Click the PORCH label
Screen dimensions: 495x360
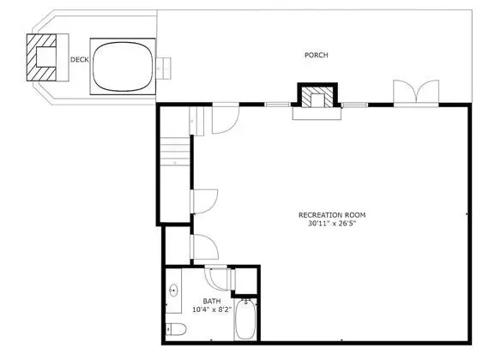(317, 55)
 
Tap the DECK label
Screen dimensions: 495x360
(79, 60)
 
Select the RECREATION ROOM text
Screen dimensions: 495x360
(332, 215)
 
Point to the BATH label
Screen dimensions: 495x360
(212, 302)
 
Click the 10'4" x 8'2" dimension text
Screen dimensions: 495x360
(212, 309)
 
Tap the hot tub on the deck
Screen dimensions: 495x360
(123, 67)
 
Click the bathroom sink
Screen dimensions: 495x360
(173, 291)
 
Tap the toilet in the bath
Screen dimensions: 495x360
(176, 329)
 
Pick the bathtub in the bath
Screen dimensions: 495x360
(246, 320)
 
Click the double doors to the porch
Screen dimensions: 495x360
(416, 92)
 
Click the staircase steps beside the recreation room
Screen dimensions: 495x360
(175, 152)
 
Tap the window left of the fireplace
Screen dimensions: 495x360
(277, 105)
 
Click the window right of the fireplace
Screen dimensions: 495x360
(355, 105)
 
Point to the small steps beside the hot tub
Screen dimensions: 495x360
(164, 69)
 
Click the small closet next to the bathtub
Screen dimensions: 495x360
(246, 281)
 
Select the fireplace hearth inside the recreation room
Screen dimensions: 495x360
(317, 114)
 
